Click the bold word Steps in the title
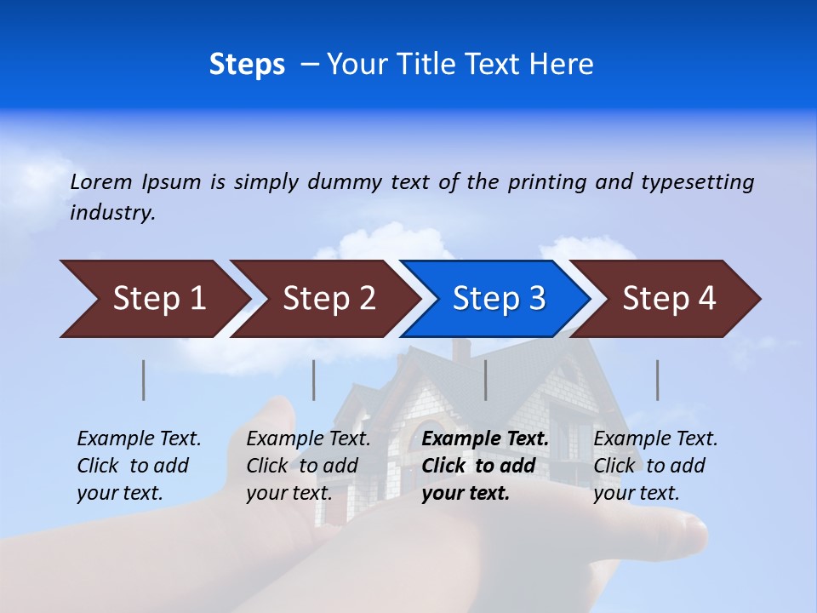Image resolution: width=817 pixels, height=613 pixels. click(x=247, y=65)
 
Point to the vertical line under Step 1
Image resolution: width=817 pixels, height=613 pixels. click(x=144, y=380)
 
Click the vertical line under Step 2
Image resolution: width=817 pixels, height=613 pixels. click(x=314, y=380)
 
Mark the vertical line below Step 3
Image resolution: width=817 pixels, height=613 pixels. click(x=485, y=380)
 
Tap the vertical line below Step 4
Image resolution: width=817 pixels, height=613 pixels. click(x=657, y=380)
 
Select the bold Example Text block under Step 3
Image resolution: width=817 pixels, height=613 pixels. click(x=484, y=466)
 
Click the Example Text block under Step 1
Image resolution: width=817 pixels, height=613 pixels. click(x=139, y=466)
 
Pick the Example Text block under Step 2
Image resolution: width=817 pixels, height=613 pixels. click(x=308, y=466)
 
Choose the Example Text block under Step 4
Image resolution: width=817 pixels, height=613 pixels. click(x=655, y=466)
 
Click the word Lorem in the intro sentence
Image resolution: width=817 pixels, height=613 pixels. click(x=101, y=181)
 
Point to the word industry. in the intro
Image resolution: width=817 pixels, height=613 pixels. click(x=113, y=213)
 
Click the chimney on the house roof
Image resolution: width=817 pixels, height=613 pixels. click(x=461, y=350)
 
